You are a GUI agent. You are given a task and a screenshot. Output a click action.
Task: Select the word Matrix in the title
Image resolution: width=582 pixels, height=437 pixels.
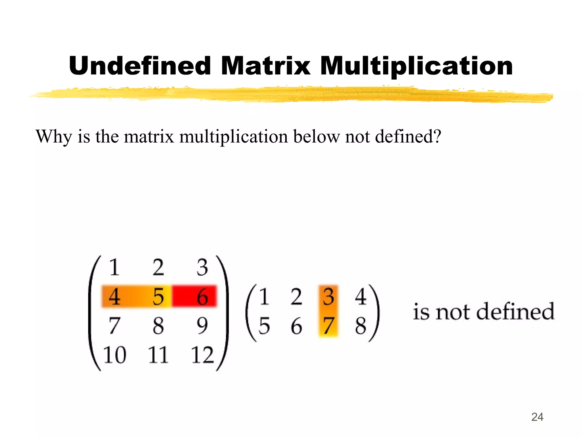(x=265, y=66)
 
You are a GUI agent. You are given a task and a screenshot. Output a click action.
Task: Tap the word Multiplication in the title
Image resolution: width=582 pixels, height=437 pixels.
(x=416, y=66)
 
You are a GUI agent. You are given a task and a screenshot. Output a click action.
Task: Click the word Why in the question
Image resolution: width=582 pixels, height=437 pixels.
(x=54, y=137)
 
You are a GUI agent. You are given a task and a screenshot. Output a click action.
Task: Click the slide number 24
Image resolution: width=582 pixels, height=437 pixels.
(x=537, y=417)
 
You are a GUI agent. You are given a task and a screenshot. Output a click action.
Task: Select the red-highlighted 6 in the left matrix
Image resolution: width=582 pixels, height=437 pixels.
(x=202, y=297)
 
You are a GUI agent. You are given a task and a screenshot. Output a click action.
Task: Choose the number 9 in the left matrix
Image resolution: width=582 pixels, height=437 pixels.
(x=202, y=326)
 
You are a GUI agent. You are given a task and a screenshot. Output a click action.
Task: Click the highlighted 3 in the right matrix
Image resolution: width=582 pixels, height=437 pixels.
(x=328, y=297)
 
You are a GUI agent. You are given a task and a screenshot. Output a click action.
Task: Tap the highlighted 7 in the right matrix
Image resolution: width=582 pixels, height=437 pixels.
(x=328, y=326)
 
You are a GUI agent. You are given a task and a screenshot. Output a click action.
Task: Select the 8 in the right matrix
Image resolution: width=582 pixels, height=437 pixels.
(x=361, y=326)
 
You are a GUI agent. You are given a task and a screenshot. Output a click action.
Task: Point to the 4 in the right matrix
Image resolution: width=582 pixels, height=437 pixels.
(x=361, y=297)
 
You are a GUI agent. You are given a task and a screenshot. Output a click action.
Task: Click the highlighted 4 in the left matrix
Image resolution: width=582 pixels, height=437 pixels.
(x=114, y=297)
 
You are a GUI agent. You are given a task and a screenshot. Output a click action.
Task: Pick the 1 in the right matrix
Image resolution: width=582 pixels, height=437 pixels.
(x=264, y=297)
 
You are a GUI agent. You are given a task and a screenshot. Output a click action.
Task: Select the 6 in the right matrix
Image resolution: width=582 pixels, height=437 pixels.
(x=296, y=326)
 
